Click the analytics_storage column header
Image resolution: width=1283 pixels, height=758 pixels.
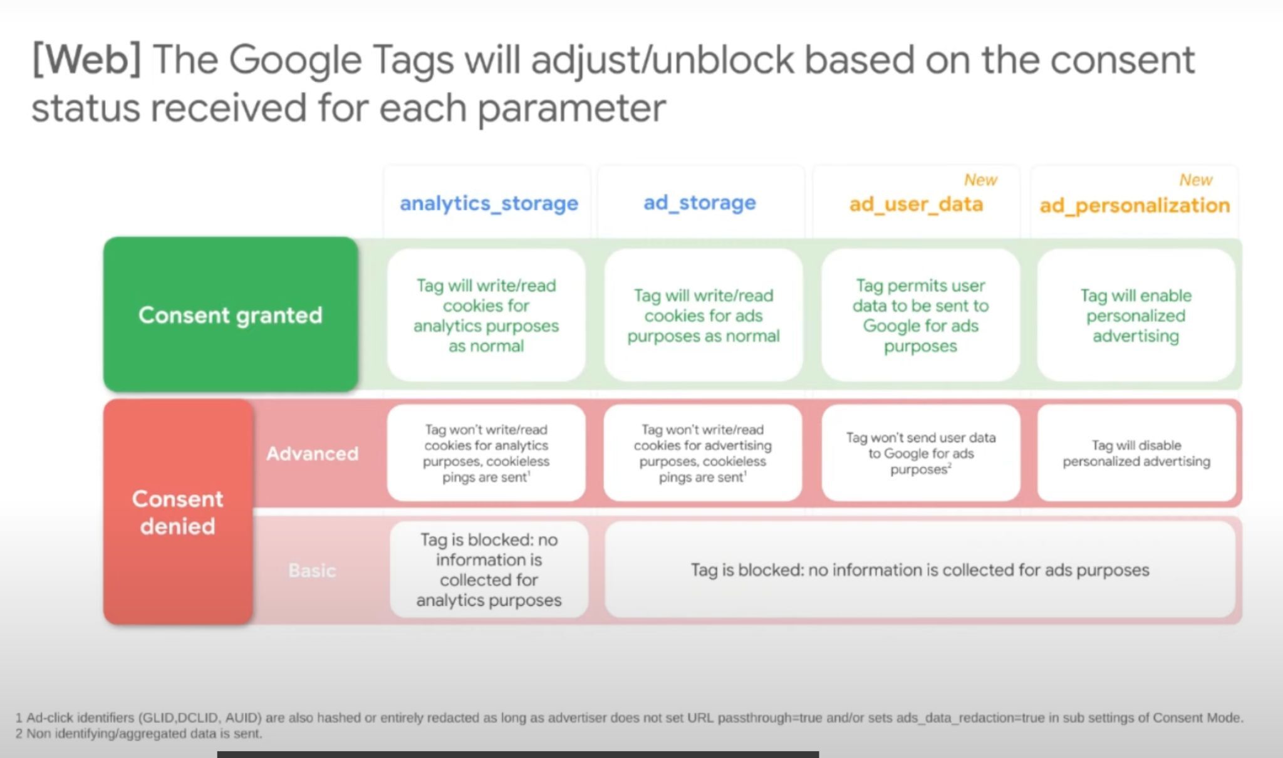(x=489, y=204)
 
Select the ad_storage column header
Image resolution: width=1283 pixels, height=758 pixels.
(x=700, y=202)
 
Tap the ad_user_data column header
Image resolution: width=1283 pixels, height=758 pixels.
(x=916, y=204)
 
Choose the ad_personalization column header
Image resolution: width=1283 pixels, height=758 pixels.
(x=1135, y=205)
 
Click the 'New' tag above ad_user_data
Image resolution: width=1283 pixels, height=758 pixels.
(x=980, y=180)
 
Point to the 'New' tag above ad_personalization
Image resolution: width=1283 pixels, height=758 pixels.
(x=1196, y=180)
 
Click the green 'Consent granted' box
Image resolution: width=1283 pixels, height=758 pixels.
(x=231, y=314)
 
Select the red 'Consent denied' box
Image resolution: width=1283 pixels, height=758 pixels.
(x=178, y=512)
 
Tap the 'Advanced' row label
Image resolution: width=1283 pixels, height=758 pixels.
(x=312, y=453)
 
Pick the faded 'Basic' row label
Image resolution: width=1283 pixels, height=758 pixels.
(x=312, y=570)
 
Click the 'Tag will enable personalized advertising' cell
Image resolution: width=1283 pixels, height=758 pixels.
(x=1136, y=315)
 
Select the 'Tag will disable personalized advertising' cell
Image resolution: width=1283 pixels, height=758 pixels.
(x=1136, y=453)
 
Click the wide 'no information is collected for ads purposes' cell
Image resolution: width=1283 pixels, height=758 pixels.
(x=920, y=570)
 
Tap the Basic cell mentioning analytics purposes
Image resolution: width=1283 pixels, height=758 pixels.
(x=489, y=570)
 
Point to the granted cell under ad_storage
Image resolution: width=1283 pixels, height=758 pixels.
(x=704, y=315)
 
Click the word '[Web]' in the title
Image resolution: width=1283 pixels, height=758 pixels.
(x=86, y=60)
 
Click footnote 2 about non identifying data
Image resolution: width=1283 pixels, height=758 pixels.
(x=138, y=734)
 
